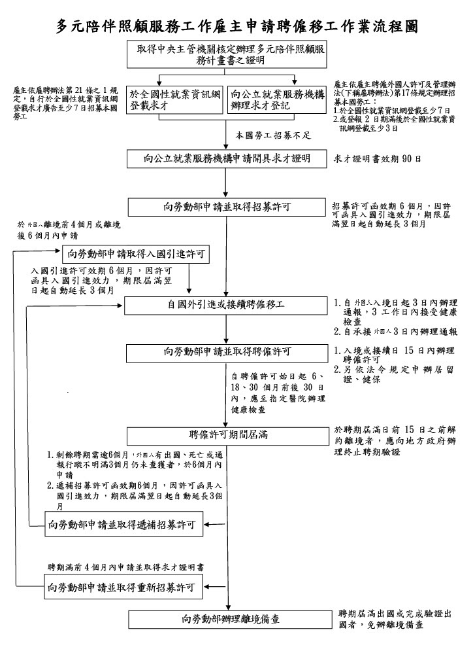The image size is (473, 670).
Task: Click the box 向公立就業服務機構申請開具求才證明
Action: click(227, 158)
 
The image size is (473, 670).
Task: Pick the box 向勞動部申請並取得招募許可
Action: click(227, 207)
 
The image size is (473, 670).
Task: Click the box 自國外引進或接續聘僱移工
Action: click(227, 305)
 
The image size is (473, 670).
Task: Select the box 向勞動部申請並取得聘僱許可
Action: click(227, 352)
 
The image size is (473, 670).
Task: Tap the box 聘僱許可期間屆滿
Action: click(227, 434)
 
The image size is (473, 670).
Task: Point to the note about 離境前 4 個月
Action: click(69, 230)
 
